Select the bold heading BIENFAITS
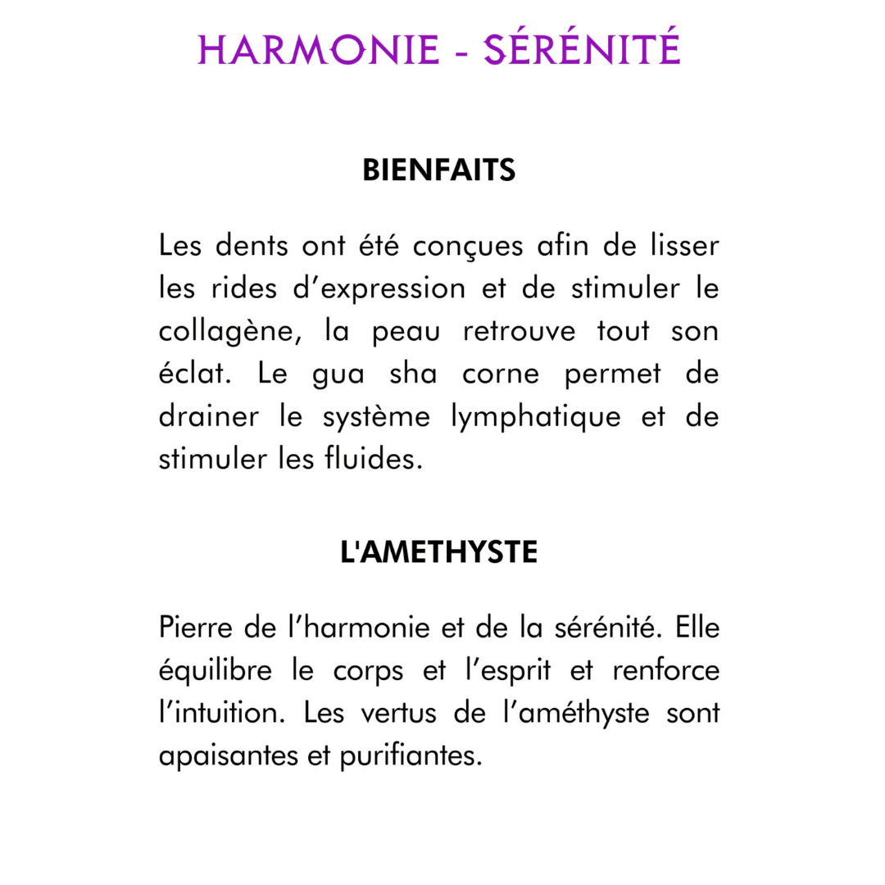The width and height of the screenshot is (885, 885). tap(438, 171)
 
